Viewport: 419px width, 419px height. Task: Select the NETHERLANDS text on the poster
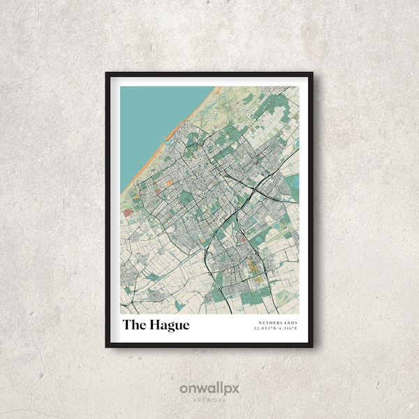[x=277, y=323]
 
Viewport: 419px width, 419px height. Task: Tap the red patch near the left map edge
[x=127, y=213]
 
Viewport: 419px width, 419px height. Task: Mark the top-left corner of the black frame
[x=107, y=73]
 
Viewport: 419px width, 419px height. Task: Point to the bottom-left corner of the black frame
[x=107, y=346]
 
